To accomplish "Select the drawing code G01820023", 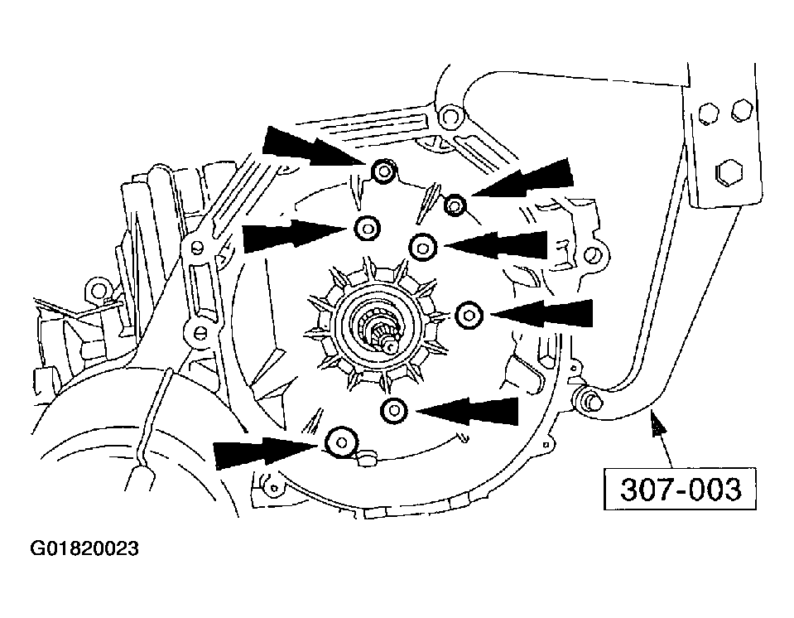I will (84, 549).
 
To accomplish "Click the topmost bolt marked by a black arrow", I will (383, 171).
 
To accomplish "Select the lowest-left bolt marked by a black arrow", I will (340, 443).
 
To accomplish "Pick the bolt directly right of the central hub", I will (469, 314).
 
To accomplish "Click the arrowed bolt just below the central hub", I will (395, 409).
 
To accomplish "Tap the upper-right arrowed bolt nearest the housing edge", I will (455, 203).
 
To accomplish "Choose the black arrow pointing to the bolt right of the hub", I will (546, 316).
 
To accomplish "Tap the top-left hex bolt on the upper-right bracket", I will (708, 111).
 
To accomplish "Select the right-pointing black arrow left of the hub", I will (290, 236).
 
